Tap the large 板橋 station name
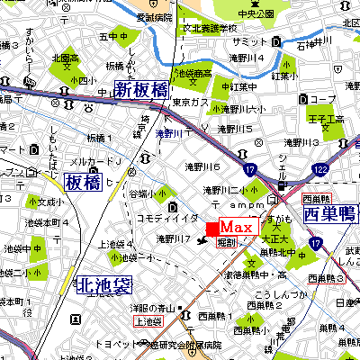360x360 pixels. (83, 183)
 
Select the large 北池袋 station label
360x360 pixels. (103, 286)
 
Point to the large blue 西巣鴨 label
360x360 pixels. (330, 214)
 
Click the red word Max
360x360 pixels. (240, 226)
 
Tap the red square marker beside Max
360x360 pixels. (212, 227)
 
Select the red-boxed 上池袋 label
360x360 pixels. (149, 320)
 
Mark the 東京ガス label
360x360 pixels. (186, 102)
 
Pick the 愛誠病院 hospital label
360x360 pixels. (128, 17)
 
